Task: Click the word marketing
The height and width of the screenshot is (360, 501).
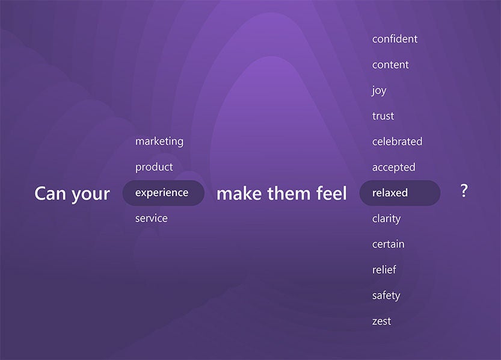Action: [x=159, y=141]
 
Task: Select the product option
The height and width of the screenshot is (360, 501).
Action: [x=154, y=167]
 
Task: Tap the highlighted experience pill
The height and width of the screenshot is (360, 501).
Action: [x=163, y=193]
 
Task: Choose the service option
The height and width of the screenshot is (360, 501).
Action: [x=151, y=219]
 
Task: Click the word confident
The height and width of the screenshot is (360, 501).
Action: [x=395, y=39]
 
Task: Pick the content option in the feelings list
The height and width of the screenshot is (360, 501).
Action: [x=390, y=65]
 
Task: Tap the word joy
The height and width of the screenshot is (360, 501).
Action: [x=380, y=91]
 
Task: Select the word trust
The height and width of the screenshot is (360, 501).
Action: [x=383, y=116]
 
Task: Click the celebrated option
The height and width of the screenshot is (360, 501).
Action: [x=397, y=141]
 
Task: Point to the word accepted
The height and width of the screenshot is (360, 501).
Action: [x=393, y=167]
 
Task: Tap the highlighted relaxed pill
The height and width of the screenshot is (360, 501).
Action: [x=400, y=193]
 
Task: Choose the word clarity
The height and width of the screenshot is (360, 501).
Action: [x=386, y=219]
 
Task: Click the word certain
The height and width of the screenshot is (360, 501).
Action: [x=388, y=244]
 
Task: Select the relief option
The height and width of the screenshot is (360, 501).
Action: [x=384, y=270]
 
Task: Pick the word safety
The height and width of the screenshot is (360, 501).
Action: [x=386, y=296]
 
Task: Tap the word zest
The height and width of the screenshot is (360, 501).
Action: [x=381, y=321]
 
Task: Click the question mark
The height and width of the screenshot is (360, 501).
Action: [x=464, y=191]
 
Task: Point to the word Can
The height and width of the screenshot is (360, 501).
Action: [x=51, y=194]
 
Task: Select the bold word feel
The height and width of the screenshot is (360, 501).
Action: [x=331, y=193]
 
